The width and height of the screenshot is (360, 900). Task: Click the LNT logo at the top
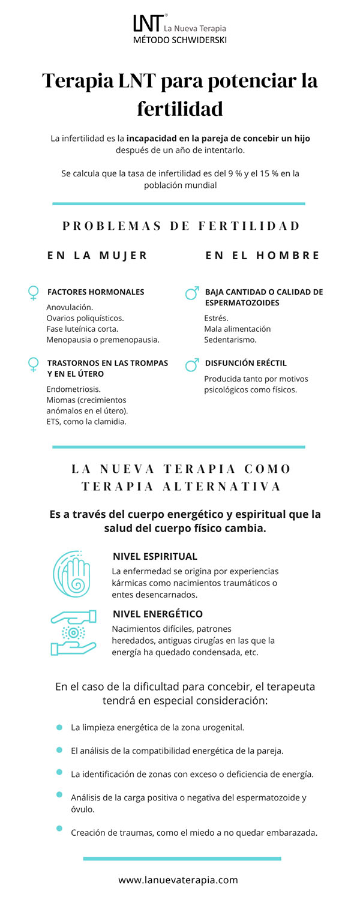pos(147,24)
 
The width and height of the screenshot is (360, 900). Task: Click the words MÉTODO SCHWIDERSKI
pos(180,40)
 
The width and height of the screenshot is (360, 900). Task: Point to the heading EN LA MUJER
pos(97,256)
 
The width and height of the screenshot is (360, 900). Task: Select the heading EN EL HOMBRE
pos(262,256)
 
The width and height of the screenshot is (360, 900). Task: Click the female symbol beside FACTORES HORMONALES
pos(34,293)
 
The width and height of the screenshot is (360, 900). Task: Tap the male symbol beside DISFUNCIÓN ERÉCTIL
pos(192,364)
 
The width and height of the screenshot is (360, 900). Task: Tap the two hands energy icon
pos(74,632)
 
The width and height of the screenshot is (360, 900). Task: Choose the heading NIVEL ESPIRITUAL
pos(155,556)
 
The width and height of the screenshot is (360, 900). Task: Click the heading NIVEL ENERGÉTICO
pos(157,614)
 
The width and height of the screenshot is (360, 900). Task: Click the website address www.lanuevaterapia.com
pos(178,880)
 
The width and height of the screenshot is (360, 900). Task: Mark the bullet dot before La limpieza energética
pos(59,727)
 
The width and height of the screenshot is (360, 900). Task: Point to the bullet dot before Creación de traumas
pos(59,828)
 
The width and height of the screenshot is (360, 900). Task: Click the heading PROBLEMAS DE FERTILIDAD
pos(181,226)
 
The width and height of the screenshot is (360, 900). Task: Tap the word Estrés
pos(216,318)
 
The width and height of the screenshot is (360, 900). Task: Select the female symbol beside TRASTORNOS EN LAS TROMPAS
pos(34,364)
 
